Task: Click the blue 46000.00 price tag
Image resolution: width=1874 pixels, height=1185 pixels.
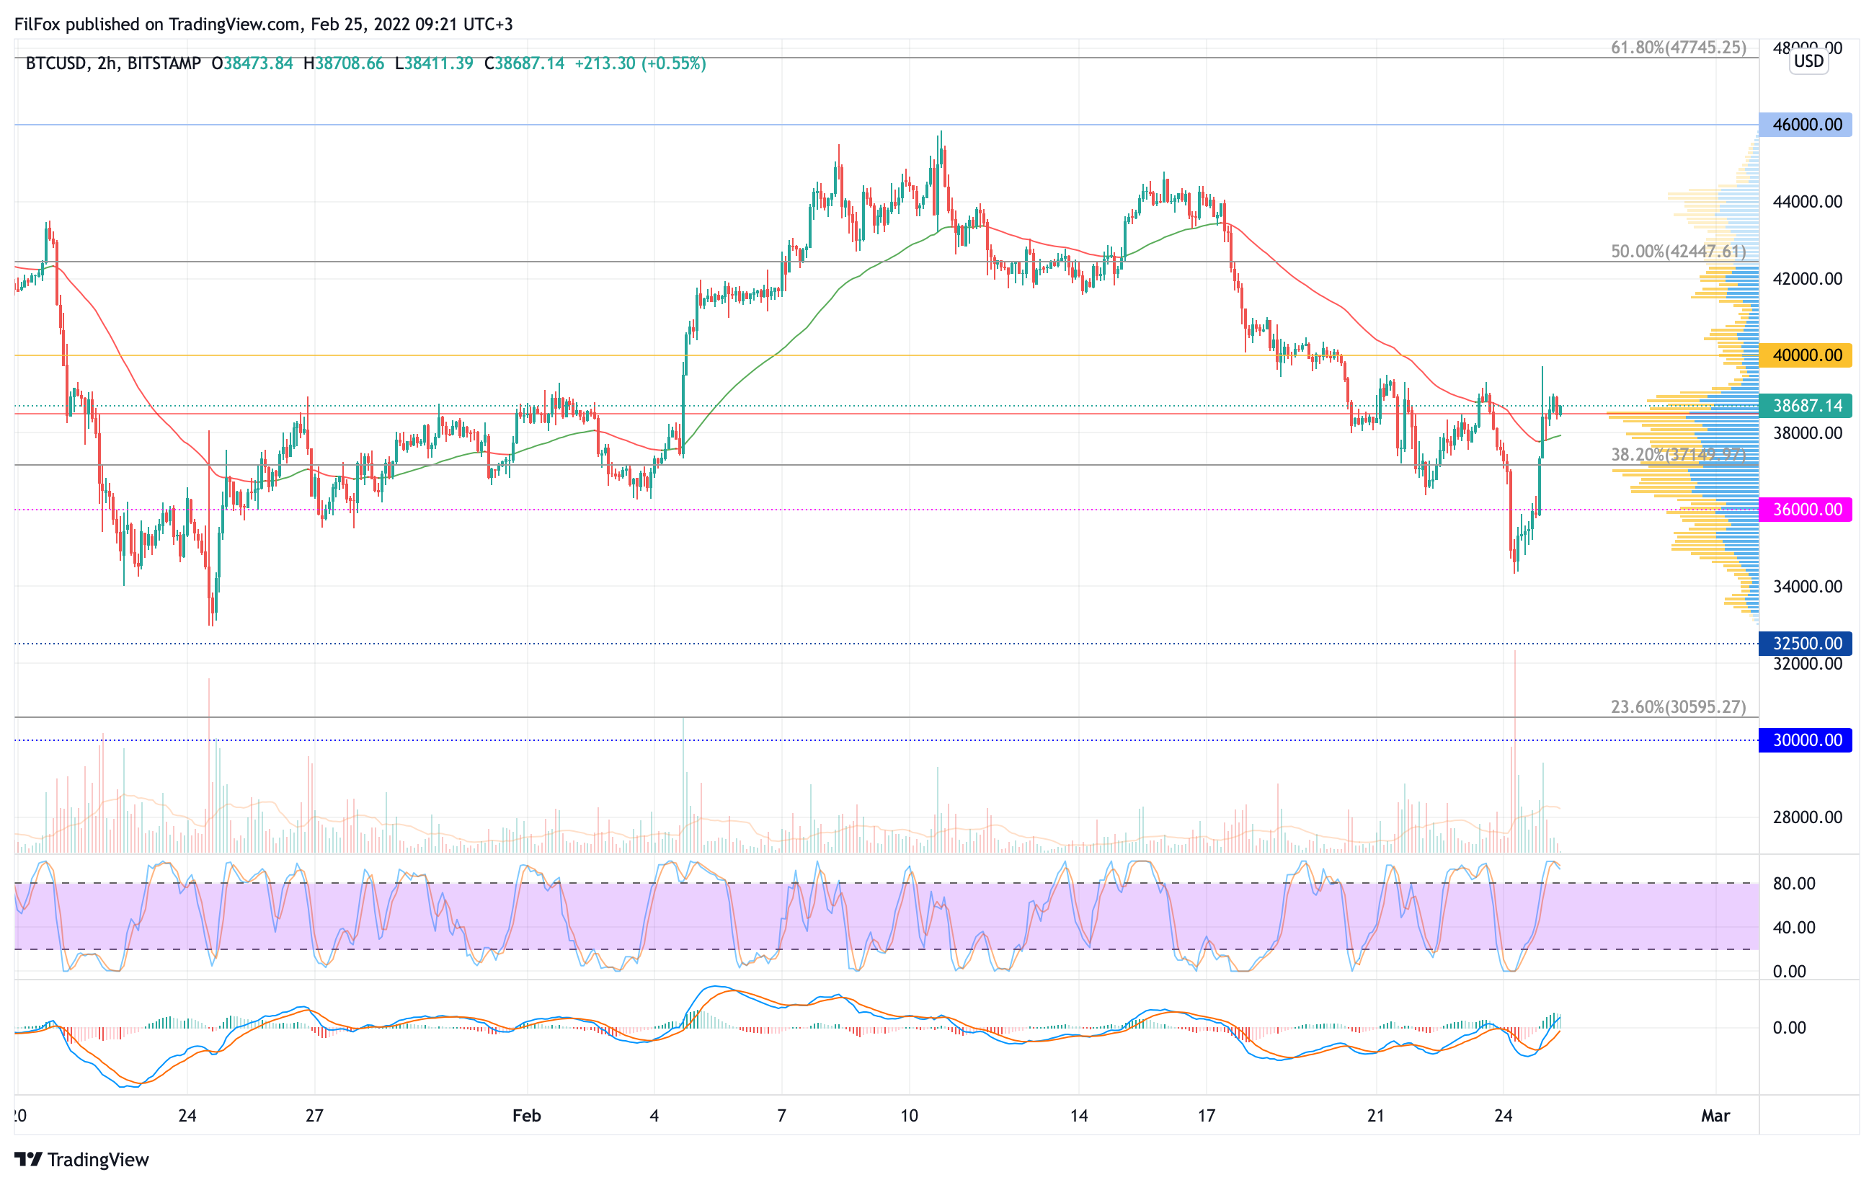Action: point(1806,125)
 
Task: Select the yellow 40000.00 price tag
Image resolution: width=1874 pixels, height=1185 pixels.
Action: point(1806,355)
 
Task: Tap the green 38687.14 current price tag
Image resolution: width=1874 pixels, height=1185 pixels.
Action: point(1806,405)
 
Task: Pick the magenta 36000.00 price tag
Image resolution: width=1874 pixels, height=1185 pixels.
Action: point(1806,510)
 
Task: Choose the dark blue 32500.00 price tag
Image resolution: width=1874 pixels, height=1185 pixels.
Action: point(1806,644)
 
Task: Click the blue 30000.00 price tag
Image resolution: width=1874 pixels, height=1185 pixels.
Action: point(1806,740)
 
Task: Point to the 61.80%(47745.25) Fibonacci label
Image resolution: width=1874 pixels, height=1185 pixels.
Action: point(1678,48)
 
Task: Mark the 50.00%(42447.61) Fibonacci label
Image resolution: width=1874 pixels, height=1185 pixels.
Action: point(1678,252)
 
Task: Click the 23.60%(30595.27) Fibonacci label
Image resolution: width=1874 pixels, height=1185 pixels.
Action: point(1678,706)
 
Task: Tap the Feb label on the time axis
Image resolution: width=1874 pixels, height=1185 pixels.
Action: point(527,1116)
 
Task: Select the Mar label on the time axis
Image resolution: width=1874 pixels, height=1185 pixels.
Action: point(1715,1116)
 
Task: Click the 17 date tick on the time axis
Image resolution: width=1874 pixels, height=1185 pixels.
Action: point(1207,1116)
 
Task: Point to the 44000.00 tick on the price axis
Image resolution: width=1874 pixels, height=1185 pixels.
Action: point(1807,202)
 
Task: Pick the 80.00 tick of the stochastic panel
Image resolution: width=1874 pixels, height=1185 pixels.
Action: point(1794,883)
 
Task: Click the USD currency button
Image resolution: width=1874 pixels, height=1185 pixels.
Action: point(1808,61)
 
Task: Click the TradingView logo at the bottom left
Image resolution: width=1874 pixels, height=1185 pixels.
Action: point(81,1159)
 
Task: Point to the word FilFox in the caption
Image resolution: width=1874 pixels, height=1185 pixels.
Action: point(37,24)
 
